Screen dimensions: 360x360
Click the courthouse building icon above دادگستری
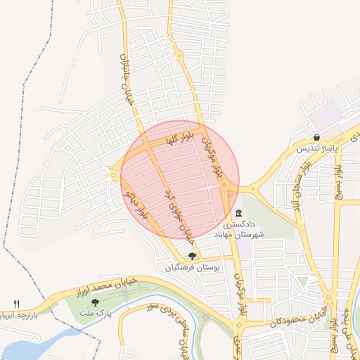coord(239,213)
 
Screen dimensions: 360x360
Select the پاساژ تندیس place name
coord(316,149)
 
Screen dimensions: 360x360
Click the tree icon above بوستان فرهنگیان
coord(193,256)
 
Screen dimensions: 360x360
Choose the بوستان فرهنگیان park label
coord(193,268)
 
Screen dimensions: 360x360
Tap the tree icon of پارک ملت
coord(95,302)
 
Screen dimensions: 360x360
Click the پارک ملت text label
coord(95,313)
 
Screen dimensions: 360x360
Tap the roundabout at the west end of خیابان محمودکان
coord(239,326)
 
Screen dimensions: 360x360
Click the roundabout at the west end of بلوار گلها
coord(113,170)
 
